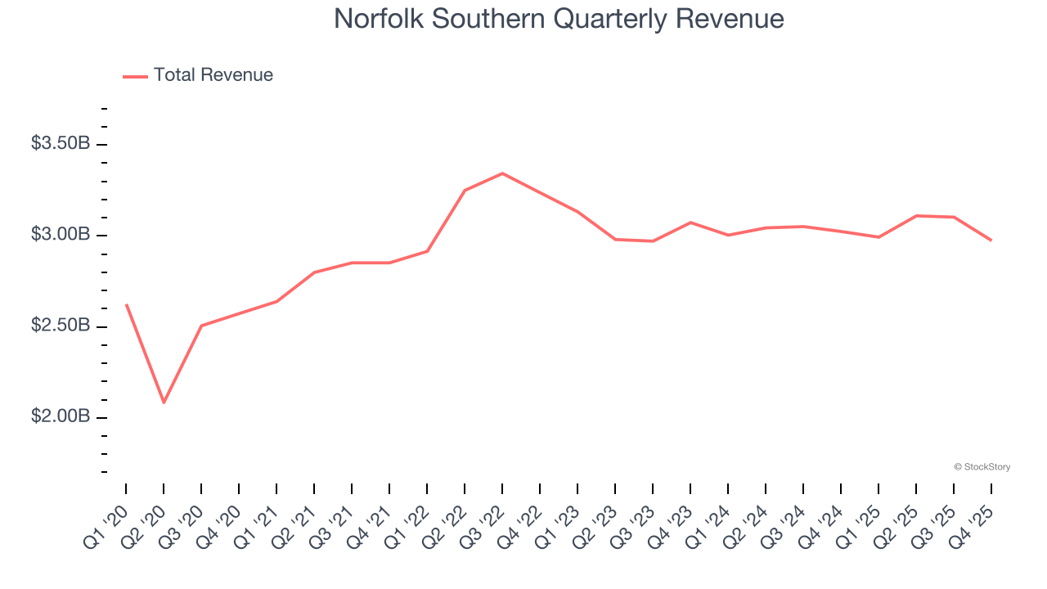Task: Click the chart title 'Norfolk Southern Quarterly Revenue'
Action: pyautogui.click(x=559, y=19)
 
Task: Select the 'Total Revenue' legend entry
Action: pyautogui.click(x=213, y=75)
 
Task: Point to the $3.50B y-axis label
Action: pyautogui.click(x=60, y=144)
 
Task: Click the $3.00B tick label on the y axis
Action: pyautogui.click(x=60, y=236)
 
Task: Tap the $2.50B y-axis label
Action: pyautogui.click(x=60, y=326)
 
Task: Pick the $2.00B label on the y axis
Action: pyautogui.click(x=60, y=417)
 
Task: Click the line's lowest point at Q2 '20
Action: pyautogui.click(x=164, y=402)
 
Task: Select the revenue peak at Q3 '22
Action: pyautogui.click(x=502, y=173)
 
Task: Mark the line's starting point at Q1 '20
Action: pyautogui.click(x=126, y=304)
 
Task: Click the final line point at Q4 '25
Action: pyautogui.click(x=991, y=241)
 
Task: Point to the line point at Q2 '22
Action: pyautogui.click(x=465, y=191)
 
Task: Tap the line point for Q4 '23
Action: pyautogui.click(x=690, y=223)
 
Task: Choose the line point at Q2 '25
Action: pyautogui.click(x=916, y=216)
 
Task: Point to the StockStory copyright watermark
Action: pyautogui.click(x=982, y=467)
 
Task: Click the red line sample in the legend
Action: pyautogui.click(x=135, y=76)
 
